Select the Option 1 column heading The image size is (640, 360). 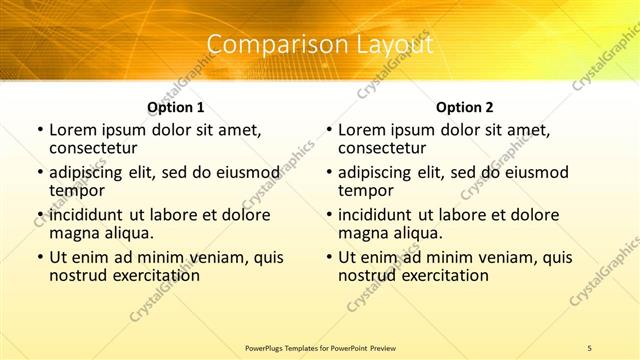point(176,107)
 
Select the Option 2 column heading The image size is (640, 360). point(465,107)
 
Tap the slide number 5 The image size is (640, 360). point(589,347)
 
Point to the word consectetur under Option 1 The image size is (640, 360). point(98,148)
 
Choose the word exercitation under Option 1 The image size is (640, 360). point(150,274)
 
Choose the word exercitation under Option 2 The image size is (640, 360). point(439,274)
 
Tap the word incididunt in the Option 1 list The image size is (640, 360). point(85,215)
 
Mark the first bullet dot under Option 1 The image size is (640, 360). point(38,130)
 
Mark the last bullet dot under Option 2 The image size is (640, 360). point(327,257)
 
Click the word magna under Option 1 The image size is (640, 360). point(74,232)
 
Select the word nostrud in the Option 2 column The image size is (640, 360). point(368,274)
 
